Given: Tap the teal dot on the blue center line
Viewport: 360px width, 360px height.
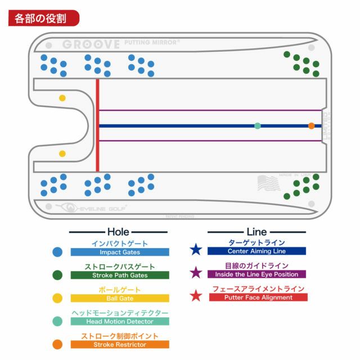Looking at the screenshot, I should coord(258,126).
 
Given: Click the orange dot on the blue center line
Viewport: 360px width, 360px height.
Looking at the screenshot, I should coord(311,126).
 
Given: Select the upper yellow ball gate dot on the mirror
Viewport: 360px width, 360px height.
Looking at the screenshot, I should coord(62,98).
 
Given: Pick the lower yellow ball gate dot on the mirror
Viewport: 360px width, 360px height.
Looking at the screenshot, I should coord(62,153).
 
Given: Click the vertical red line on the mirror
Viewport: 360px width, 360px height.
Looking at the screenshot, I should coord(97,125).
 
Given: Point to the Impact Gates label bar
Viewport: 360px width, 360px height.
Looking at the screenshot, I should coord(120,253).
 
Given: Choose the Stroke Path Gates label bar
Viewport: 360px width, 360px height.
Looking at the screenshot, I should coord(120,276).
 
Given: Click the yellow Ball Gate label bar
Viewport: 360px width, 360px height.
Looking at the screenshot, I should coord(120,299).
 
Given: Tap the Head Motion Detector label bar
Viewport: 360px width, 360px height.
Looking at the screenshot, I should coord(120,322).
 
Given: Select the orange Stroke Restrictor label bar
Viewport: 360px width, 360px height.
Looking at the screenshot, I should coord(120,344).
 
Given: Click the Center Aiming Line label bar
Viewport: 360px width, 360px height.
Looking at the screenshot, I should coord(256,251).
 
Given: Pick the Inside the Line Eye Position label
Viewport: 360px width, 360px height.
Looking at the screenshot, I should coord(256,274).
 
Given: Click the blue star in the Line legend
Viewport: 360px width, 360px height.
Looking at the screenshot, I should coord(196,249).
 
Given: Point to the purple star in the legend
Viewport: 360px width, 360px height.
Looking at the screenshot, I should coord(196,273).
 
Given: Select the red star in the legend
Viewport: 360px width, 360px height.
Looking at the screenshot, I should coord(196,295).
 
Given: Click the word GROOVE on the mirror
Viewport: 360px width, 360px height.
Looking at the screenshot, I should coord(91,44).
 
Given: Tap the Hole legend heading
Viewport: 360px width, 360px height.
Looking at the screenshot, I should coord(118,231).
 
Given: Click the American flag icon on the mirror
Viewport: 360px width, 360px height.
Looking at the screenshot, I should coord(269,183).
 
